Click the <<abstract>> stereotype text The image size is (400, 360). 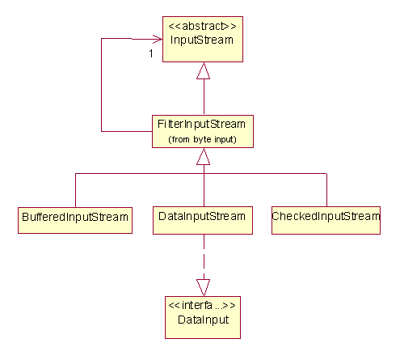click(202, 26)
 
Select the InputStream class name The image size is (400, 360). click(202, 40)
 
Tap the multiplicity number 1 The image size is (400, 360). click(151, 53)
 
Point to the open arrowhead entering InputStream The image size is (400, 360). click(158, 39)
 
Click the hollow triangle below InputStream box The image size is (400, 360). click(203, 70)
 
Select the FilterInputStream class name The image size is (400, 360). click(201, 125)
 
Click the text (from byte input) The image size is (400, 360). click(202, 139)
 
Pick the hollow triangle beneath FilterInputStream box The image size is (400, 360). click(203, 156)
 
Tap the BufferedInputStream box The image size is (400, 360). click(75, 220)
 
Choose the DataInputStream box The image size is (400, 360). click(203, 220)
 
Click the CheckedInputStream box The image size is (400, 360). click(326, 220)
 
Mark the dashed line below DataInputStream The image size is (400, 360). click(204, 256)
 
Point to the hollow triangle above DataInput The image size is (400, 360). click(203, 288)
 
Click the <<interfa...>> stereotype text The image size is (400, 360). click(202, 305)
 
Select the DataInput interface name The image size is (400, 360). click(204, 320)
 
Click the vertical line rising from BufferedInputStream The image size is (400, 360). click(75, 190)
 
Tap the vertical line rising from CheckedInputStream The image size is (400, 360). click(326, 190)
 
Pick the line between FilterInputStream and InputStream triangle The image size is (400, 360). click(204, 97)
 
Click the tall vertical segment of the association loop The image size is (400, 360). click(101, 85)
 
